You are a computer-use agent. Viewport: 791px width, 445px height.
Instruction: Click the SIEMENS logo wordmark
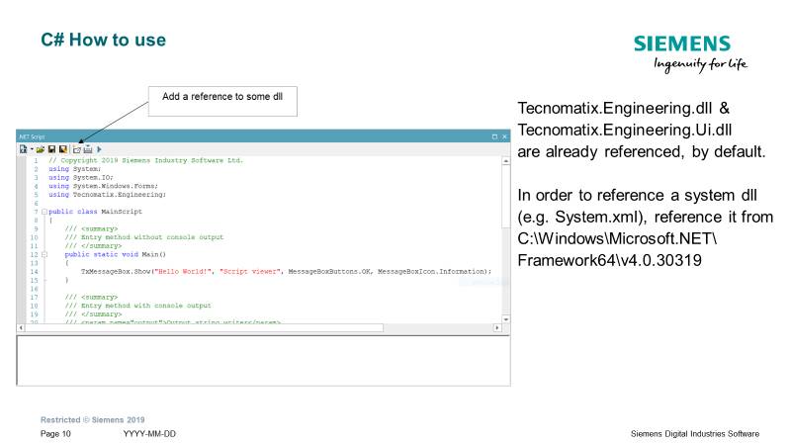(682, 44)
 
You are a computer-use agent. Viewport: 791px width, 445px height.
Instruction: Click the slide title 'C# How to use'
(104, 41)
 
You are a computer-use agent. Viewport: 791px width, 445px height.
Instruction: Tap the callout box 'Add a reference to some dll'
(223, 98)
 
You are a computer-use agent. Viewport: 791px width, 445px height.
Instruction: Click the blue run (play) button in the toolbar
(99, 148)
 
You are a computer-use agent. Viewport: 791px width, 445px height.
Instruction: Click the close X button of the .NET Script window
(504, 135)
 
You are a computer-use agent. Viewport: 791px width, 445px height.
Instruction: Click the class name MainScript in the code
(120, 212)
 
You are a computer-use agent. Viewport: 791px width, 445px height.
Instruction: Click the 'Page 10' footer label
(56, 434)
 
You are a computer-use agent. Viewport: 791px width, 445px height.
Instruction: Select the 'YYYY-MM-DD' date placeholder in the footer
(150, 434)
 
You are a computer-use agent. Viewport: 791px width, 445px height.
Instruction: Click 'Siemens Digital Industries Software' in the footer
(695, 434)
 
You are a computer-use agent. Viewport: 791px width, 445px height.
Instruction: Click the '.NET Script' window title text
(33, 135)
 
